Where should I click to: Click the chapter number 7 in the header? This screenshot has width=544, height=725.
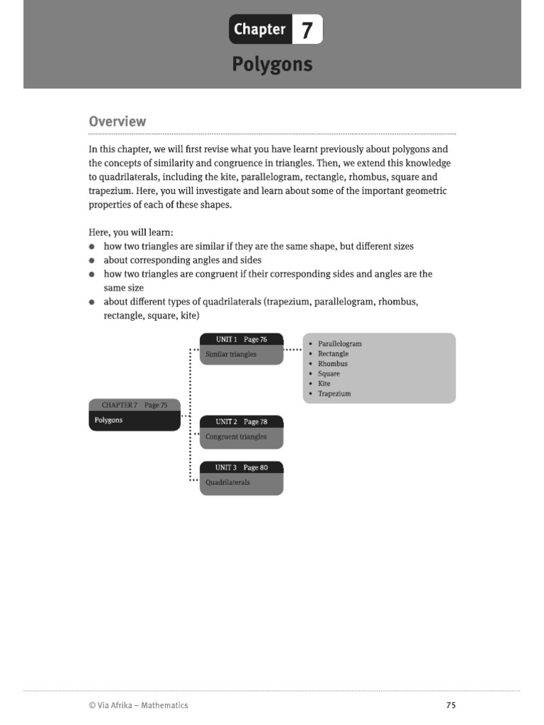coord(307,30)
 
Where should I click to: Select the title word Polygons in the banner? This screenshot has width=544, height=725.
coord(272,64)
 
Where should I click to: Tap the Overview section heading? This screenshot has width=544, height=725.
coord(118,121)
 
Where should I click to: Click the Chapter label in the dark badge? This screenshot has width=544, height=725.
coord(259,30)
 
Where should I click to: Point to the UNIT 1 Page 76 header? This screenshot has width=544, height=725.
coord(242,340)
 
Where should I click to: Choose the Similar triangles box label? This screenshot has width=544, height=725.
coord(231,354)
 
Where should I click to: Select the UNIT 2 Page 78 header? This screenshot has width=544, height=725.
coord(242,422)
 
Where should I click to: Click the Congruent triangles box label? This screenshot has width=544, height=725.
coord(236,437)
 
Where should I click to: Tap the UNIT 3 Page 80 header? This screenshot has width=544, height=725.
coord(242,468)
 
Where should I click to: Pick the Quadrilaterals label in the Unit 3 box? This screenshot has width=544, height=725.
coord(227,483)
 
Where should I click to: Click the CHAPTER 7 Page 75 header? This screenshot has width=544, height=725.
coord(135,405)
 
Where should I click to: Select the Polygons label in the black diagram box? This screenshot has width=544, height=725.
coord(108,420)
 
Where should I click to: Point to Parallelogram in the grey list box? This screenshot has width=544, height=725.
coord(339,344)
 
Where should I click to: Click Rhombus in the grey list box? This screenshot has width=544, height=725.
coord(332,364)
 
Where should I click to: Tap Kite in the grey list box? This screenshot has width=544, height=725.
coord(324,384)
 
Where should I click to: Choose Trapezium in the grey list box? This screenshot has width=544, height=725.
coord(334,394)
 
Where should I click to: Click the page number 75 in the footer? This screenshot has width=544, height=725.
coord(451,705)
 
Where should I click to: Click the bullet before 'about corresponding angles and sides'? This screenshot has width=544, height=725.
coord(93,261)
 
